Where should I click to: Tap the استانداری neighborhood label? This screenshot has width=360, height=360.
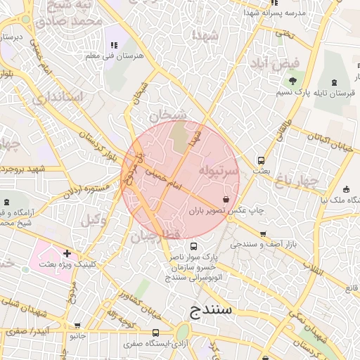tap(58, 96)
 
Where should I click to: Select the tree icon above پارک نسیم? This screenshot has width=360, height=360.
tap(292, 82)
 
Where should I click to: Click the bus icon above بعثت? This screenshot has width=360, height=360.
tap(262, 160)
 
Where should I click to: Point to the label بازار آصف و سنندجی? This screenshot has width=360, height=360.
tap(263, 244)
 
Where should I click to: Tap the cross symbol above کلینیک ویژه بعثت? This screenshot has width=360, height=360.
tap(67, 252)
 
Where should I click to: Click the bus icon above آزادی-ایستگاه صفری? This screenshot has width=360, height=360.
tap(155, 333)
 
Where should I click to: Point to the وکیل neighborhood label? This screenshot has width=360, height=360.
tap(94, 220)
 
